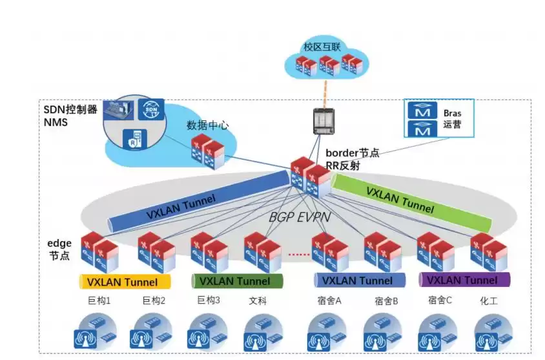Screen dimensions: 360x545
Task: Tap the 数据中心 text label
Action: point(207,125)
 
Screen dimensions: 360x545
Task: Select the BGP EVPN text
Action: point(300,217)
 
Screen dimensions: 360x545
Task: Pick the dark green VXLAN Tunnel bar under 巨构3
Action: point(237,281)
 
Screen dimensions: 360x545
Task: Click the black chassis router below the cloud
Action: point(322,122)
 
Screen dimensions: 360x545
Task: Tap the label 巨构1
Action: point(99,301)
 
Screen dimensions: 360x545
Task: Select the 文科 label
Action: point(257,301)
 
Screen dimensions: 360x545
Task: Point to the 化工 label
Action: point(489,301)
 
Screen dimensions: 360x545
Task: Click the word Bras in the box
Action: point(452,112)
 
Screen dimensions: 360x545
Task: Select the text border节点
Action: point(352,153)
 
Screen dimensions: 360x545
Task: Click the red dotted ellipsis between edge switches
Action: point(298,255)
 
